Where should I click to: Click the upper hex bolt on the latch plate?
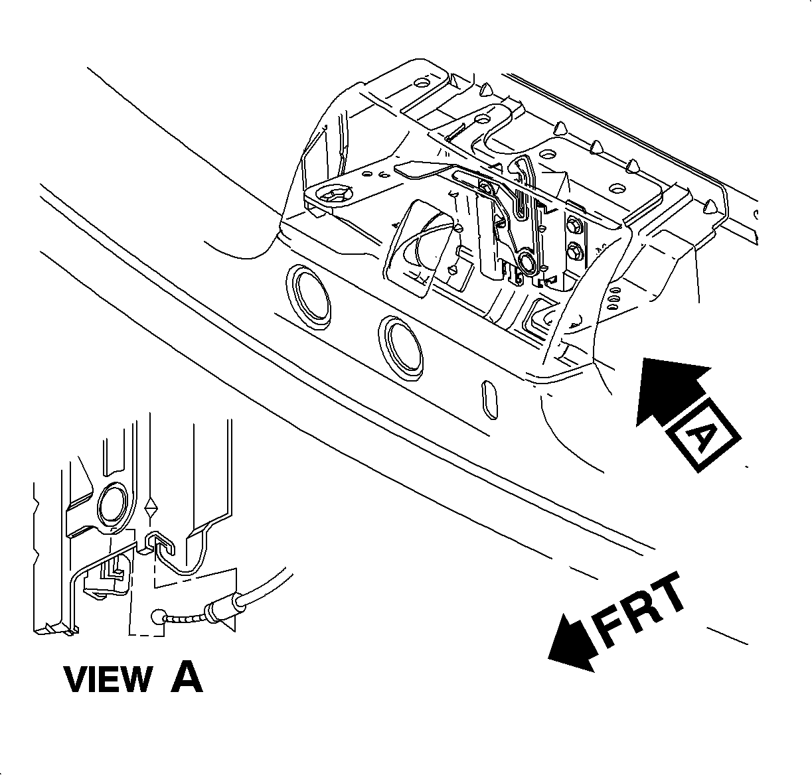[574, 226]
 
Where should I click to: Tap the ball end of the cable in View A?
[158, 616]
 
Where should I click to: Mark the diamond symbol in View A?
[152, 508]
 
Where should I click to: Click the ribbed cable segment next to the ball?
[185, 617]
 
